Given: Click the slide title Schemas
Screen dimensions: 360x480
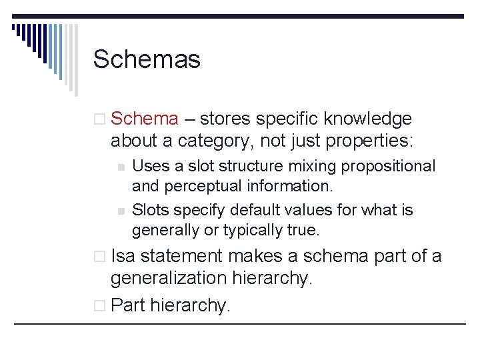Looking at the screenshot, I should point(147,59).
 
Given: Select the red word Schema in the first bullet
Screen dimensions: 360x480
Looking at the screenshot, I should point(145,119).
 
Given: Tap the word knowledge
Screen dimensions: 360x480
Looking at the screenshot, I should point(368,119).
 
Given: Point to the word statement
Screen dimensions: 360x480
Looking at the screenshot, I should point(190,255).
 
